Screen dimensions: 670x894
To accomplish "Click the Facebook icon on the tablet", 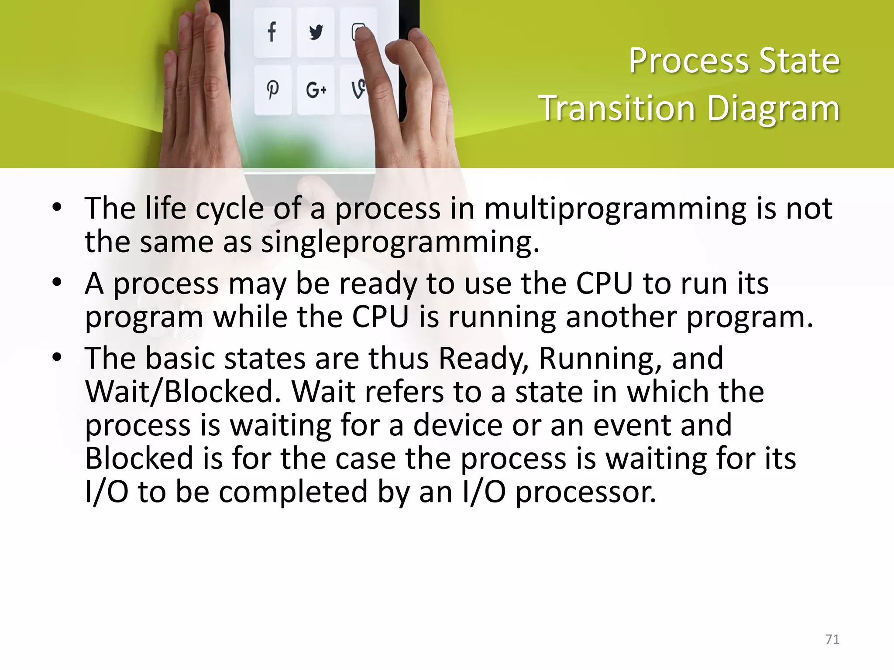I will coord(272,32).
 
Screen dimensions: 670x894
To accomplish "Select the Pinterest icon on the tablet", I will coord(272,90).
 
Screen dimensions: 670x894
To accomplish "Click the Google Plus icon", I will coord(316,90).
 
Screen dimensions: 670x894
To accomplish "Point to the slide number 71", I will coord(832,639).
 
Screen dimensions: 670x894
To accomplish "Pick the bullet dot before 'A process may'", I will coord(57,283).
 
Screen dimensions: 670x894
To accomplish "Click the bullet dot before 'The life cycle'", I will coord(57,208).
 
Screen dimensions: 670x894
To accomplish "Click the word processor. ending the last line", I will coord(586,492).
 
